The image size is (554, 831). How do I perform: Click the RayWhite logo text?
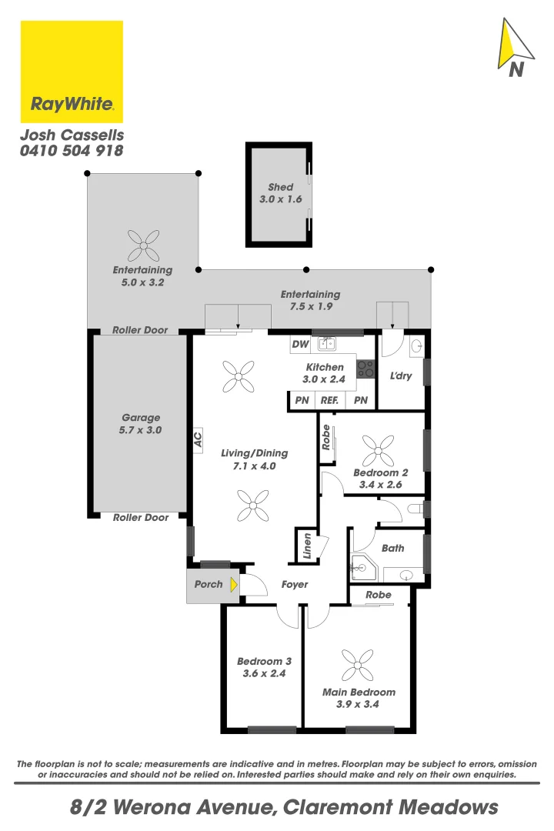pos(72,104)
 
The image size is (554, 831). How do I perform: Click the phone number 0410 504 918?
pos(72,151)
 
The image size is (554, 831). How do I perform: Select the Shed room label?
pos(280,187)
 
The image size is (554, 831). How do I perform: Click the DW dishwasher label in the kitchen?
pos(300,344)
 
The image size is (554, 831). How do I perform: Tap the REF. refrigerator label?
pos(330,400)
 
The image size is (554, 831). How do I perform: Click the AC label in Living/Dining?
pos(198,439)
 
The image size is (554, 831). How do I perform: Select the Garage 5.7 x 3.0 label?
pos(140,424)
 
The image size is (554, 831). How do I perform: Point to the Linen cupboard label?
pos(306,546)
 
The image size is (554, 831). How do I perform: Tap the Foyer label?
pos(295,585)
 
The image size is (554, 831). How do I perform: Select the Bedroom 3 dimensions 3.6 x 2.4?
pos(263,672)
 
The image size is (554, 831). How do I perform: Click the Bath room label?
pos(392,549)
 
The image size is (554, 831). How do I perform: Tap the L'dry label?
pos(401,377)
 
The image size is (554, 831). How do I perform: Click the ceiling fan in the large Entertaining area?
pos(143,245)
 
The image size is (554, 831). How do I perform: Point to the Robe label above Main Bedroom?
pos(378,595)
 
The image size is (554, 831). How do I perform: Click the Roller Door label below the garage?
pos(140,518)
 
